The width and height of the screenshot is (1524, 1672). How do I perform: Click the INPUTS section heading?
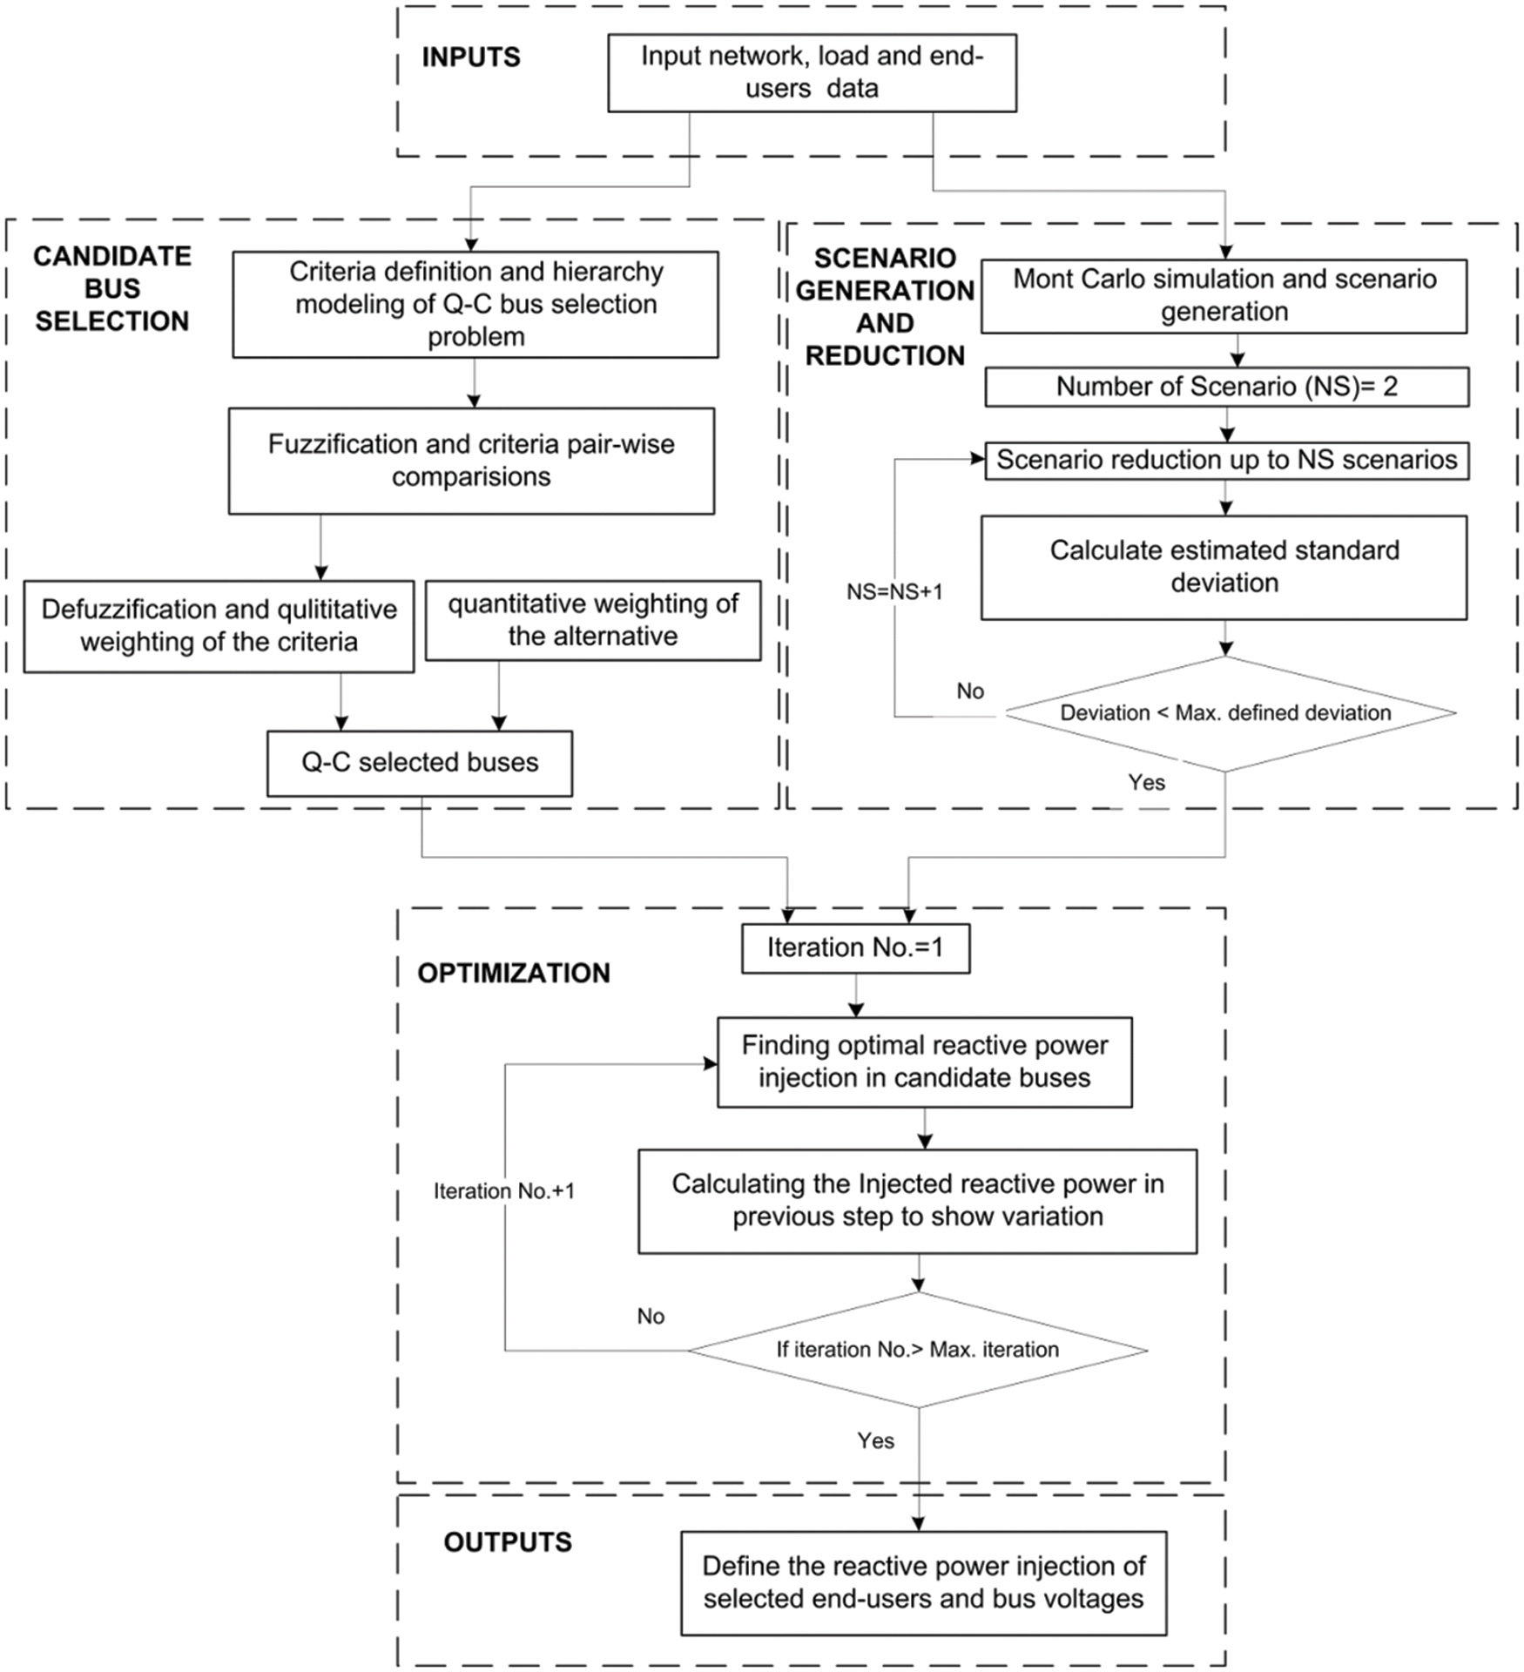click(470, 57)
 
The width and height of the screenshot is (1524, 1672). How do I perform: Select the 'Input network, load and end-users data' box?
click(811, 73)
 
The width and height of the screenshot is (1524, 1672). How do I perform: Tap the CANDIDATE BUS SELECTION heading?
click(111, 288)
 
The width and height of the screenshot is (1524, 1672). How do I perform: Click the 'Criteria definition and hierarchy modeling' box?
click(475, 305)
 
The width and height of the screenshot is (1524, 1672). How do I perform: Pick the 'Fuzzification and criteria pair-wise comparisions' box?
click(470, 461)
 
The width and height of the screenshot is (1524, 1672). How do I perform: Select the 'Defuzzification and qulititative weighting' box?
click(218, 626)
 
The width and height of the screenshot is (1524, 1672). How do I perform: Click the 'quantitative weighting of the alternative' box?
click(592, 620)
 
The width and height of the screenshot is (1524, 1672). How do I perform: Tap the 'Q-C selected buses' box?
click(419, 763)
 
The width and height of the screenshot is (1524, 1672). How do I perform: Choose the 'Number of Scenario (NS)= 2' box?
click(1226, 387)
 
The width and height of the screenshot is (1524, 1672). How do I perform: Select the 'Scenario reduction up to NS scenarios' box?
click(1226, 460)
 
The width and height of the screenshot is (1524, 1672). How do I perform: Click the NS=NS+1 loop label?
click(894, 592)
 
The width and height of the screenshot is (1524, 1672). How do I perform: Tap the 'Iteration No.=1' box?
click(854, 948)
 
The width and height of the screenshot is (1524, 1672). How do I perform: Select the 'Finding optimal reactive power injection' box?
click(924, 1062)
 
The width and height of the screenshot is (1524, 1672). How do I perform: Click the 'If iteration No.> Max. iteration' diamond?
click(917, 1350)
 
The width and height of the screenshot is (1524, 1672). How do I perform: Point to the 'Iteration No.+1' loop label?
click(504, 1191)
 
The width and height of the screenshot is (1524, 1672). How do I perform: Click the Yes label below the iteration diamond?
click(875, 1441)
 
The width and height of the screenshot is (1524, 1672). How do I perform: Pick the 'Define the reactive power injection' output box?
click(923, 1583)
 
